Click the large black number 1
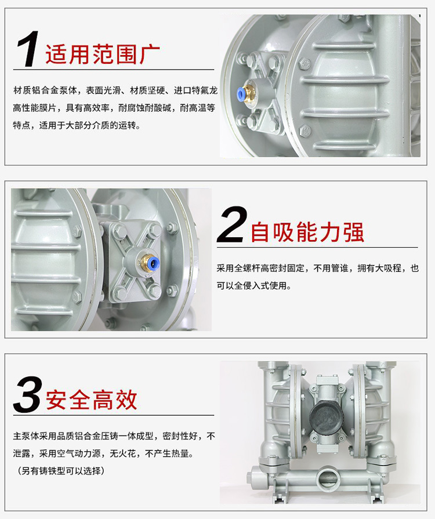28,49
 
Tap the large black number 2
232,225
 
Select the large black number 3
28,394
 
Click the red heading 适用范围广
103,54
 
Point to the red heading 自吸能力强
307,232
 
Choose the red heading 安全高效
92,400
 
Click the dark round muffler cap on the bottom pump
324,417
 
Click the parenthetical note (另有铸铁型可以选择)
61,471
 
